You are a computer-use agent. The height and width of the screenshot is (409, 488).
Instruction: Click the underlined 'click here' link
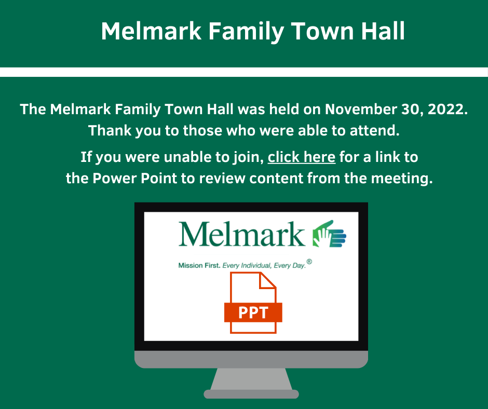tap(301, 157)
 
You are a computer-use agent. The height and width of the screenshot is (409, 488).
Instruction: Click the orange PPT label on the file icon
tap(253, 312)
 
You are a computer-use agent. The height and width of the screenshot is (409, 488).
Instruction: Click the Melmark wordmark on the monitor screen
tap(241, 234)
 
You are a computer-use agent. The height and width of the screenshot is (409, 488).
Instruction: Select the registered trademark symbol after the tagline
tap(309, 262)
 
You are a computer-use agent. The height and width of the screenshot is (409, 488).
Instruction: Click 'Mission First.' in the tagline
tap(199, 266)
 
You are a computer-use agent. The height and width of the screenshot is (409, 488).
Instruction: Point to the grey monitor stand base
tap(251, 394)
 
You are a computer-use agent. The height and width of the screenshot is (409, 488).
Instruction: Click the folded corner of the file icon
tap(268, 280)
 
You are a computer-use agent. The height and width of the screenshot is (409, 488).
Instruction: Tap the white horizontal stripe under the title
tap(244, 72)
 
